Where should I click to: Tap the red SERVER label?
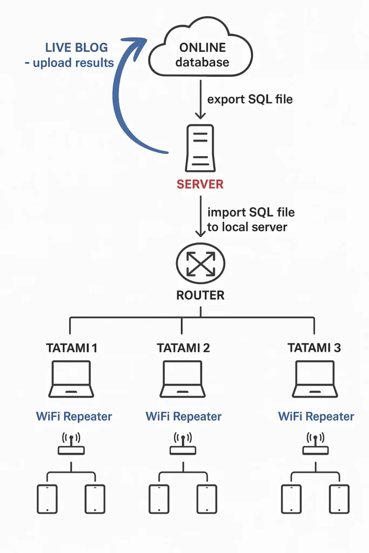(x=200, y=184)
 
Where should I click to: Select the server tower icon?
(x=200, y=147)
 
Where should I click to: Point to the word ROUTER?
(x=200, y=295)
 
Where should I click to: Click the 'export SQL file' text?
(x=250, y=99)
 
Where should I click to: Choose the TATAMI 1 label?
(x=71, y=348)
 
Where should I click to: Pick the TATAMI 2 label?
(x=183, y=348)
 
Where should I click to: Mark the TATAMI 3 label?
(x=314, y=348)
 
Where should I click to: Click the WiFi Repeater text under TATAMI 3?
(x=316, y=416)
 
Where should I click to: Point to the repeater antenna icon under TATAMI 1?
(x=71, y=444)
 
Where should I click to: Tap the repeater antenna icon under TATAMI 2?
(x=183, y=444)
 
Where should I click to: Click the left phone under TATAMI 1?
(x=47, y=498)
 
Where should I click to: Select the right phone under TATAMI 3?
(x=339, y=498)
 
